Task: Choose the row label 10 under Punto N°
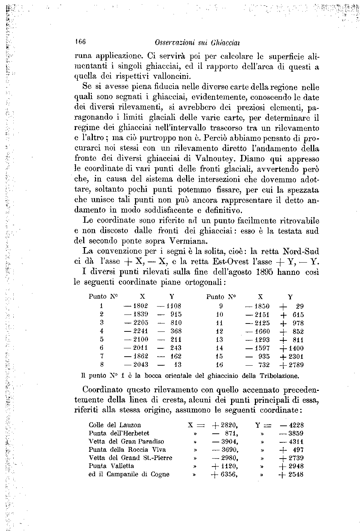pos(219,314)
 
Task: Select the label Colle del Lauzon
pos(114,425)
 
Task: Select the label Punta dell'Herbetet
pos(119,433)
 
